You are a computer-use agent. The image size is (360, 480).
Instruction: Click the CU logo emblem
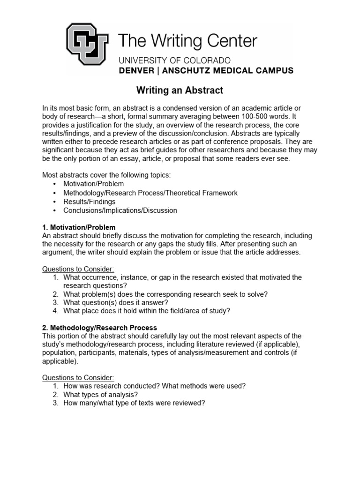pos(87,45)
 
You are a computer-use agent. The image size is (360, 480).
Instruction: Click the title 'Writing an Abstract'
pos(180,90)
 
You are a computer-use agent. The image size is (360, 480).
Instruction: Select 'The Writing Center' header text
pos(187,41)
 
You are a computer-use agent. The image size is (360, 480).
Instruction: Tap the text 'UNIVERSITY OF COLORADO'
pos(174,60)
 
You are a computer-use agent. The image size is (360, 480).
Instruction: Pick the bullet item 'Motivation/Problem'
pos(94,184)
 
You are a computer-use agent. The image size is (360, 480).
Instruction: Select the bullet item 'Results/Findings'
pos(89,202)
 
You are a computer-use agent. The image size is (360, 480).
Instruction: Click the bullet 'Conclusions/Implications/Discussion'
pos(120,210)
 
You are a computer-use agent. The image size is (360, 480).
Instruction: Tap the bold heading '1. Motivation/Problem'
pos(79,227)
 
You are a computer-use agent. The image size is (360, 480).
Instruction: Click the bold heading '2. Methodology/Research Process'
pos(99,328)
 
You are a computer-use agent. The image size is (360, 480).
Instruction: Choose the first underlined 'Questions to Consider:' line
pos(78,269)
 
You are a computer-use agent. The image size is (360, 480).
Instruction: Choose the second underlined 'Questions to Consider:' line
pos(78,378)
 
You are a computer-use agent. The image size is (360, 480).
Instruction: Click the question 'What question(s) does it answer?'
pos(116,302)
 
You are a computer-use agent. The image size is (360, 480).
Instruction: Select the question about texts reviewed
pos(135,403)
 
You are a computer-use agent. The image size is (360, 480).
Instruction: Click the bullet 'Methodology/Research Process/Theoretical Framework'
pos(150,193)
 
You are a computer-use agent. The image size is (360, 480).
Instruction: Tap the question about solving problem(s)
pos(165,294)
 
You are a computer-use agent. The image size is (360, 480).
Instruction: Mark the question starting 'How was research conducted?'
pos(155,386)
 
